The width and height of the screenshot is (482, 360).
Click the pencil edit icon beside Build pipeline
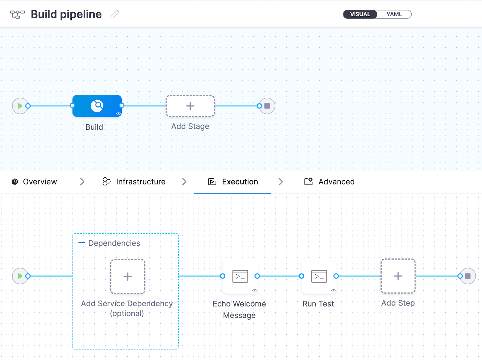point(115,14)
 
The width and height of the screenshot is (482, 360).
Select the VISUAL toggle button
point(360,14)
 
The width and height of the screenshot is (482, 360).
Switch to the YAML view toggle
point(394,14)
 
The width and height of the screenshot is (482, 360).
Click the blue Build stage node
point(97,106)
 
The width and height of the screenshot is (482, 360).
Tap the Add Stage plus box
point(190,106)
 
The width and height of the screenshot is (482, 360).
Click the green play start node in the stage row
point(20,106)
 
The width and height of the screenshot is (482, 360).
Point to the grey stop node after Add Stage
point(267,106)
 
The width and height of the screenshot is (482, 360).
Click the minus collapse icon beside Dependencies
point(82,243)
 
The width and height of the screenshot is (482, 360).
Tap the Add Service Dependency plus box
point(128,276)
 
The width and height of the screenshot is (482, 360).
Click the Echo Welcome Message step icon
point(240,276)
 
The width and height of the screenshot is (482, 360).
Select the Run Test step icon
point(319,276)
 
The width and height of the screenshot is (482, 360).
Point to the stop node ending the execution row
point(468,276)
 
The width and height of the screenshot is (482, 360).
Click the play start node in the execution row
point(20,276)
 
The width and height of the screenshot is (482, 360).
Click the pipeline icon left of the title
point(17,14)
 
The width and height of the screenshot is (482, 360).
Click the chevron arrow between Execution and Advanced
point(281,182)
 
